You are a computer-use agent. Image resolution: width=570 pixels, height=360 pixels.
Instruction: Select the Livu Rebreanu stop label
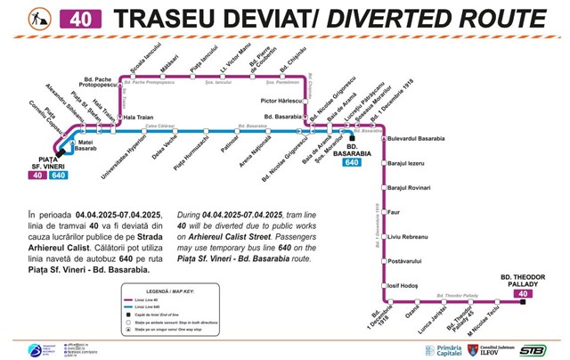[406, 237]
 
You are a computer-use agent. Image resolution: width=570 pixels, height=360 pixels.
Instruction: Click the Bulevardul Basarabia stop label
[419, 140]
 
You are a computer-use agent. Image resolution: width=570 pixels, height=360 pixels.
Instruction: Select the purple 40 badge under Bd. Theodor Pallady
[523, 292]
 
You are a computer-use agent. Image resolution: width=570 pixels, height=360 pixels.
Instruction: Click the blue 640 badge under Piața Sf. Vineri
[59, 175]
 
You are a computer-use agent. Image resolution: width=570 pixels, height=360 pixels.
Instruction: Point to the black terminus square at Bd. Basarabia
[351, 139]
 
